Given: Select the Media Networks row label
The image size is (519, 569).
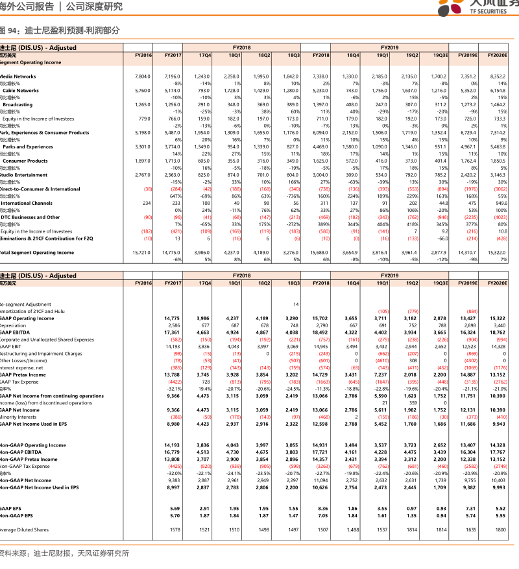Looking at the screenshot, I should [x=18, y=76].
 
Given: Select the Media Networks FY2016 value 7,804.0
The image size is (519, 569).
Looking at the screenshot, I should [x=142, y=76].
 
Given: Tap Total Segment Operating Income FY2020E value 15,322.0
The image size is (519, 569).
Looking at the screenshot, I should [x=497, y=253].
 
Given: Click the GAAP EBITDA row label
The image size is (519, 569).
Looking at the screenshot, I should [x=16, y=332].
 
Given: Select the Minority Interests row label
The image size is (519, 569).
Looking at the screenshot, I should [x=18, y=417].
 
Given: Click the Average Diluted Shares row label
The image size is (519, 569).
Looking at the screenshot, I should [x=24, y=529].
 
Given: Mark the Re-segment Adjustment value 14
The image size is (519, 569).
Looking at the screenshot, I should [x=296, y=304].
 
